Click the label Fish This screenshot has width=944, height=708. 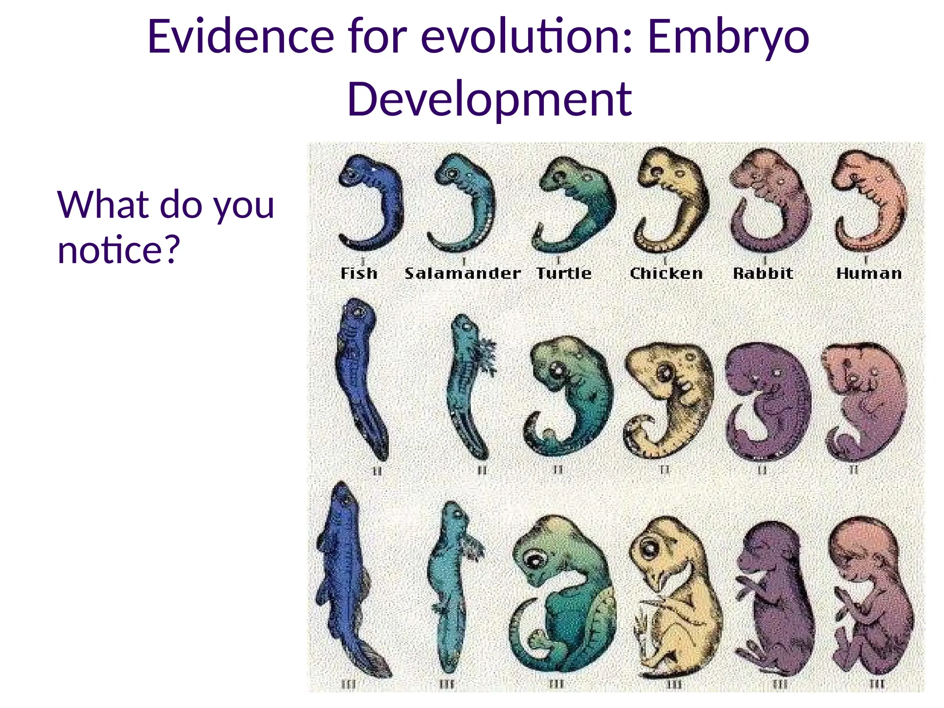(359, 273)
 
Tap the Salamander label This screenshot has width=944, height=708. (463, 273)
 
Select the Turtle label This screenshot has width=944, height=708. (564, 273)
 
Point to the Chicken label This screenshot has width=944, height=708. (667, 273)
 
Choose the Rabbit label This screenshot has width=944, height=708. (763, 273)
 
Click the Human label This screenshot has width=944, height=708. (869, 273)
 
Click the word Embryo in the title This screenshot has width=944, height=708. (728, 37)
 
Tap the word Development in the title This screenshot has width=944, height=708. (490, 99)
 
